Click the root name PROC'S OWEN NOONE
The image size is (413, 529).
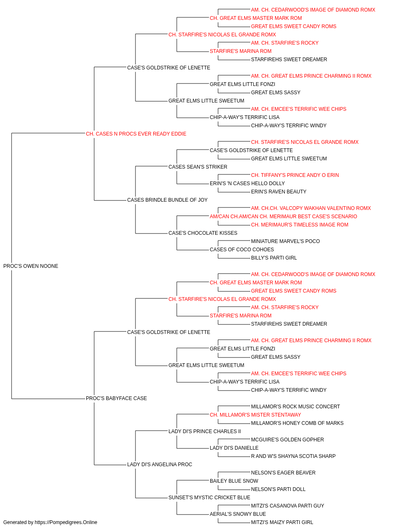31,266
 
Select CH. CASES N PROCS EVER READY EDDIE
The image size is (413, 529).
136,134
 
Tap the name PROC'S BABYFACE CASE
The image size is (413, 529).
116,398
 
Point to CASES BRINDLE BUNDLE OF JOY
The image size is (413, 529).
167,200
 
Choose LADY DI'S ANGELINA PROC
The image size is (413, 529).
159,465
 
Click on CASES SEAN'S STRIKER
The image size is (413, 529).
198,167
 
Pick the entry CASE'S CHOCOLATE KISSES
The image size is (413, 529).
203,233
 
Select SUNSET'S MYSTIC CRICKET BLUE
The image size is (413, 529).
209,498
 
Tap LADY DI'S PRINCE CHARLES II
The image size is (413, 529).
204,431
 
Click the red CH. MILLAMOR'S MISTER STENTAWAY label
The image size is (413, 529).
255,415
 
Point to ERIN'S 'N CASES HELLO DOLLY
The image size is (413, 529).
247,183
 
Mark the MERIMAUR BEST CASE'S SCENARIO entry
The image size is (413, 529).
283,217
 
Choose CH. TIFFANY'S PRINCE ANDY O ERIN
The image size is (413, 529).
295,175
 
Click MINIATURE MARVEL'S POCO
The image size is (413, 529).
285,241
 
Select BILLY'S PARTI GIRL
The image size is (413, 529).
274,258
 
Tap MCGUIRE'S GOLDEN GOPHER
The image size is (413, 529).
287,440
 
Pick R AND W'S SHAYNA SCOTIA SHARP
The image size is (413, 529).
293,456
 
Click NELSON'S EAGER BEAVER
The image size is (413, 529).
283,473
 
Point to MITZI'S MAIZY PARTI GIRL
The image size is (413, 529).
282,522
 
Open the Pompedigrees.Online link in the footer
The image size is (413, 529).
66,522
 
